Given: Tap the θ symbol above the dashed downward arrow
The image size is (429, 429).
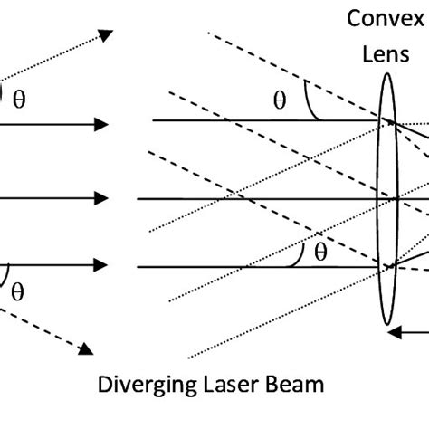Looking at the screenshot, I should coord(17,291).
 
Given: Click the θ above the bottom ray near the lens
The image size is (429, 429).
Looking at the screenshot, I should coord(319,253).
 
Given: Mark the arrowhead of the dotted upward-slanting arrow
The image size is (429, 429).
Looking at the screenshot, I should coord(106,36).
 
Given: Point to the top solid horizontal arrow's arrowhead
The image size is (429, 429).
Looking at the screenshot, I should coord(103,123).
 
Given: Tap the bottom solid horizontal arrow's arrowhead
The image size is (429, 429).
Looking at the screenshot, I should coord(103,265).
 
